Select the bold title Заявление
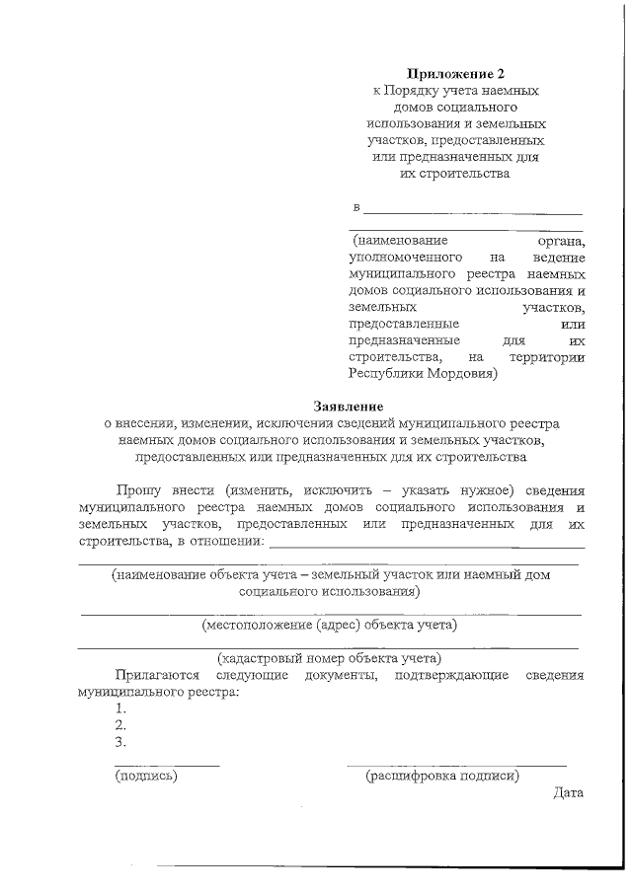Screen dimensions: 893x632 pos(348,406)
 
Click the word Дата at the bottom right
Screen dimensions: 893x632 pos(569,792)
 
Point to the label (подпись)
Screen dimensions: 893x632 pos(146,777)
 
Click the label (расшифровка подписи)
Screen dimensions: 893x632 pos(442,777)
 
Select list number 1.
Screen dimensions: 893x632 pos(120,708)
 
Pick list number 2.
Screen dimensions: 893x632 pos(120,725)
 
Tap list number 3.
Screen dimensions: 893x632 pos(120,742)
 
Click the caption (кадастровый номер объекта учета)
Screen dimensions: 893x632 pos(329,658)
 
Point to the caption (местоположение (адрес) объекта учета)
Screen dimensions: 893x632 pos(329,625)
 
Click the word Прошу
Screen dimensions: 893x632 pos(136,489)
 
